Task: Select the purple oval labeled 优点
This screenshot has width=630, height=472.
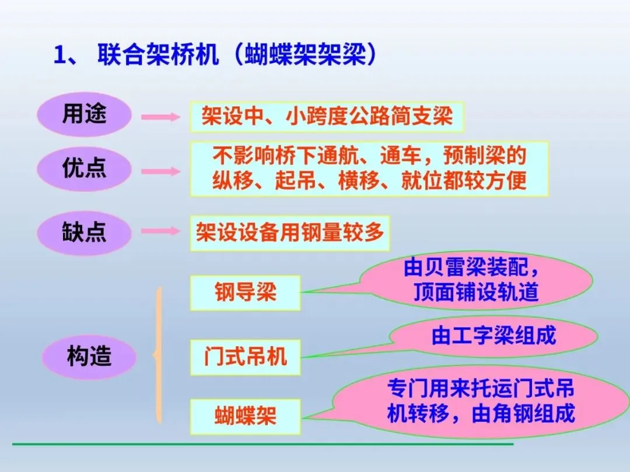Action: coord(85,169)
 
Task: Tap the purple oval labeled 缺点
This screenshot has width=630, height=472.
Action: coord(85,232)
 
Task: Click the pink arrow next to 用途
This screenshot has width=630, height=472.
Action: coord(161,117)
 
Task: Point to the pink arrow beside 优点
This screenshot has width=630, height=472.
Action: coord(161,171)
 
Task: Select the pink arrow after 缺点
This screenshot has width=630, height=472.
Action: coord(161,231)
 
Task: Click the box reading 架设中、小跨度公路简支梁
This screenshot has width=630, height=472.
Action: coord(327,117)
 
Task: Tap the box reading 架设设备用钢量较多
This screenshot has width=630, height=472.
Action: coord(290,233)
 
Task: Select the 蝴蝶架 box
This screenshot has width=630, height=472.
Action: coord(245,416)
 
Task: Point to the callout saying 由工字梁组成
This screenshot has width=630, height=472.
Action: coord(494,337)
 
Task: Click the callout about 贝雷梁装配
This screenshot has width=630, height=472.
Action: coord(475,280)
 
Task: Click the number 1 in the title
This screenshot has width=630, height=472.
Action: coord(60,57)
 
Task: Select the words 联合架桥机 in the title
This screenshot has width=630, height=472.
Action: coord(157,56)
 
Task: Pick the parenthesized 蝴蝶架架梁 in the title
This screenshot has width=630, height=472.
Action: coord(300,56)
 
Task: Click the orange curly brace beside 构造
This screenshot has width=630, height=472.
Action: coord(157,355)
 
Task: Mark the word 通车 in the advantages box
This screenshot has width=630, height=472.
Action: coord(400,156)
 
